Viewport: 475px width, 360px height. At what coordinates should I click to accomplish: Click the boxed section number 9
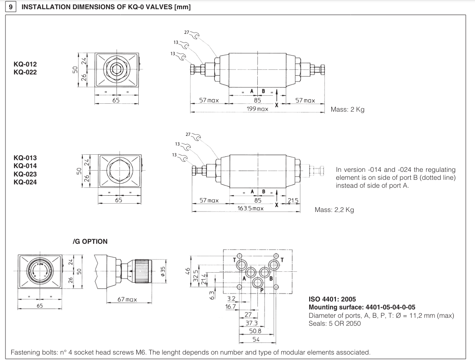point(10,8)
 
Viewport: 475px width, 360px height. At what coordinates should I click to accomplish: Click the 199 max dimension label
point(257,109)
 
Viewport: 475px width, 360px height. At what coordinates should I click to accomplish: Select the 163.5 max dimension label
point(250,208)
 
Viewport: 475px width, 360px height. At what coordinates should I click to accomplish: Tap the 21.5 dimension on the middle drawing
point(293,201)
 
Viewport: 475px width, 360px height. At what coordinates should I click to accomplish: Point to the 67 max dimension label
point(127,299)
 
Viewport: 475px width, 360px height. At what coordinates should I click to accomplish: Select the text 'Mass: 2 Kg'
point(347,110)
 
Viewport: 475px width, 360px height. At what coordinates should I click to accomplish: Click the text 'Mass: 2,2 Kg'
point(334,210)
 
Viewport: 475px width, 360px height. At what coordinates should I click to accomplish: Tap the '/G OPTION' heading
point(90,241)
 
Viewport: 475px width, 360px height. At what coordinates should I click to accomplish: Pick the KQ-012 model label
point(25,64)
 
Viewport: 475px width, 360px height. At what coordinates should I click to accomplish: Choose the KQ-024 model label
point(25,182)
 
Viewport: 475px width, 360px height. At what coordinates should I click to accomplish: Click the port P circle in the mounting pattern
point(257,283)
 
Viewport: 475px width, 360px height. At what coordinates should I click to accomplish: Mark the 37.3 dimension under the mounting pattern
point(251,323)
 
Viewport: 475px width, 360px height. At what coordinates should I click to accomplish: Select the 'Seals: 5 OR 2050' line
point(335,323)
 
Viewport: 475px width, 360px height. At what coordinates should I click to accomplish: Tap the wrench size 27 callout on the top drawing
point(187,33)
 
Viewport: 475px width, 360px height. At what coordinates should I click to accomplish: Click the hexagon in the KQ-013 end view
point(119,169)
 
